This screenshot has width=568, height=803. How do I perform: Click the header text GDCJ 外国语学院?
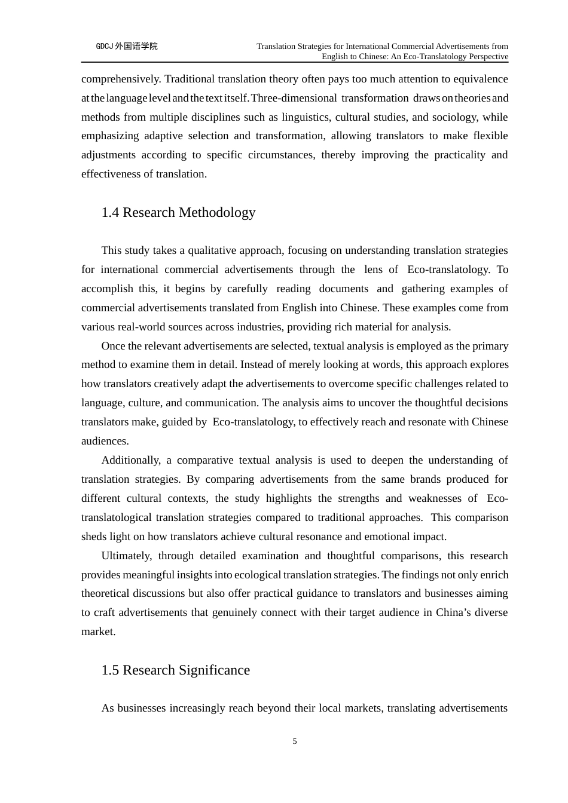point(127,46)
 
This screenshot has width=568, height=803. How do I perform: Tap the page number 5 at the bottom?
point(295,741)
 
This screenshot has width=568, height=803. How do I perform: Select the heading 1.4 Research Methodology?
point(178,213)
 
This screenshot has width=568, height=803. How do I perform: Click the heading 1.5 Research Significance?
point(175,670)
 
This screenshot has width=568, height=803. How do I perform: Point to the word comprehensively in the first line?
point(121,79)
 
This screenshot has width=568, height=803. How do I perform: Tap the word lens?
point(373,269)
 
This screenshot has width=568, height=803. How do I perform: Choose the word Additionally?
point(130,460)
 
